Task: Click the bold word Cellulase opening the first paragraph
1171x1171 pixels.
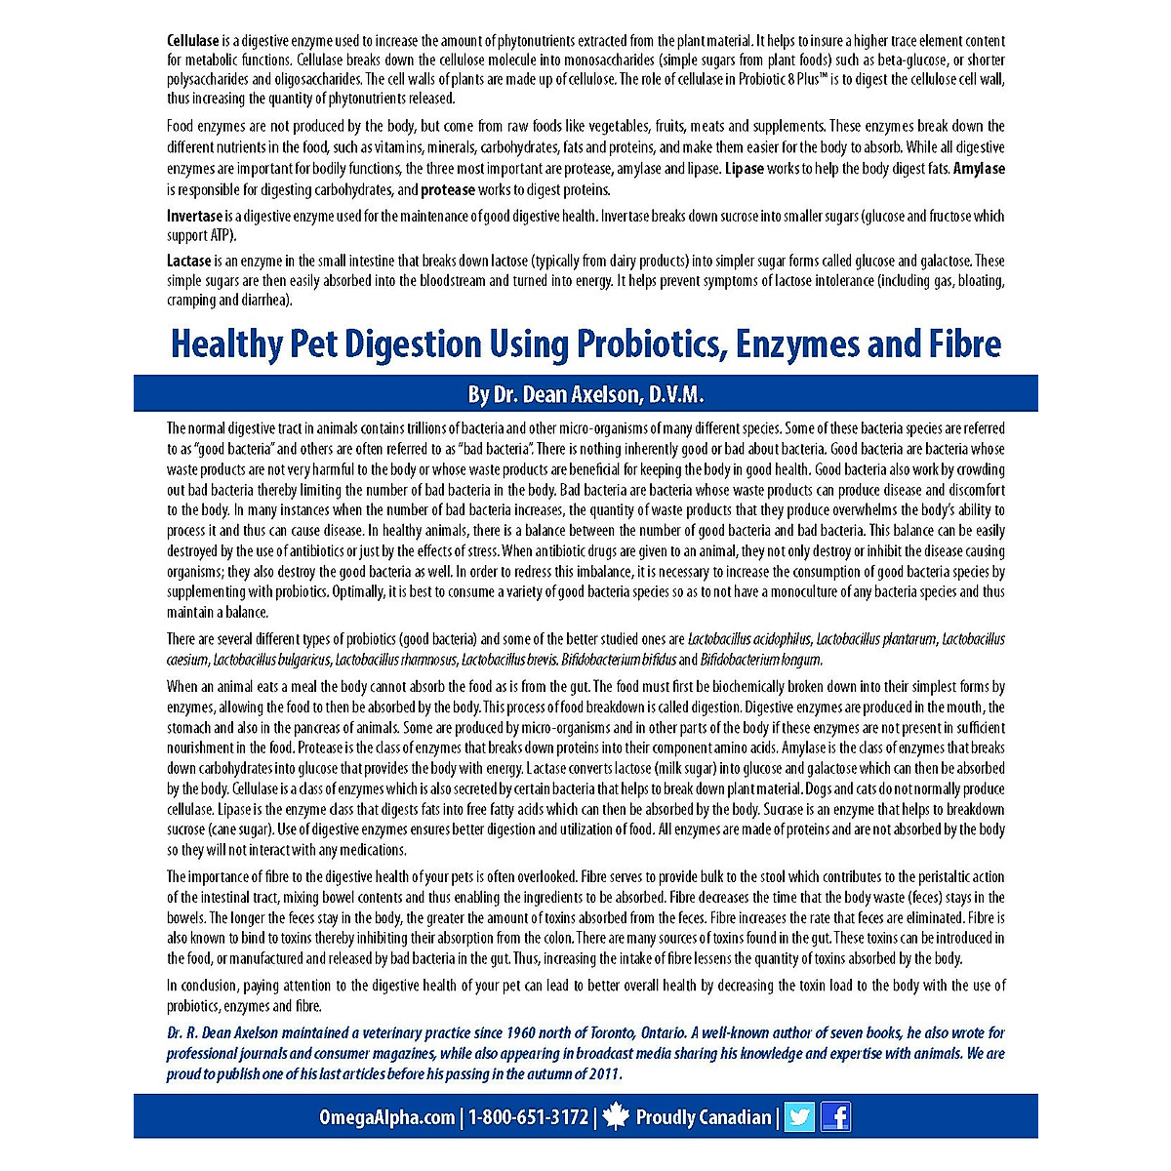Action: click(x=192, y=41)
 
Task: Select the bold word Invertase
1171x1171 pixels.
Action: click(x=195, y=216)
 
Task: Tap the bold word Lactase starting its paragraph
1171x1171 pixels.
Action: click(x=188, y=261)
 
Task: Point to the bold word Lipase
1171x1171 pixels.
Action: click(x=746, y=169)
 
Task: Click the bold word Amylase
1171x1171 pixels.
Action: click(x=979, y=169)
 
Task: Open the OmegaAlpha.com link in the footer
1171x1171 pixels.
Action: click(x=386, y=1117)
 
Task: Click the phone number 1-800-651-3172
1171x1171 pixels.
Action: click(x=528, y=1117)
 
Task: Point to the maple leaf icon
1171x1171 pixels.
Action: click(x=616, y=1116)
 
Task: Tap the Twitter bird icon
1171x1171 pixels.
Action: click(x=799, y=1116)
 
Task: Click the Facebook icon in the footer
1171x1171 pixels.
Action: click(x=835, y=1116)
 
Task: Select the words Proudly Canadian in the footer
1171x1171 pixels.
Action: click(x=703, y=1117)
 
